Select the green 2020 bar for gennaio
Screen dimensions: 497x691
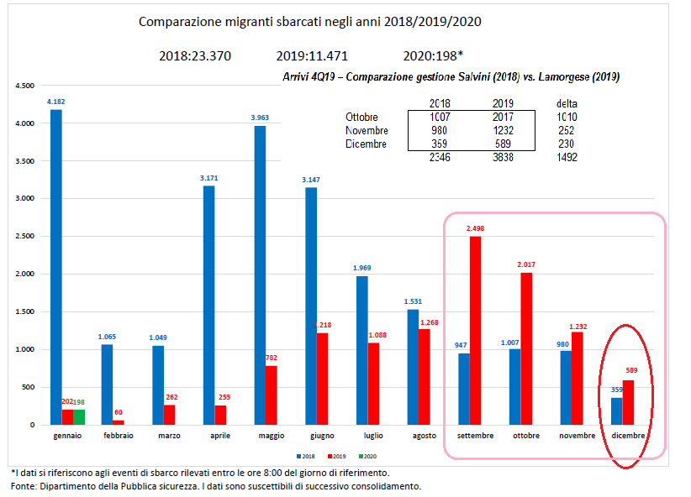[79, 417]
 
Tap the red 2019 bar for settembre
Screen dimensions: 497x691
[476, 331]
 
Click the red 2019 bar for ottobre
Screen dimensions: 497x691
[527, 348]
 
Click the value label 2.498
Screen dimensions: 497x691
[476, 228]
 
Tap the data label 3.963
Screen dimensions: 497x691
[260, 118]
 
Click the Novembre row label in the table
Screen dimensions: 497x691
[366, 130]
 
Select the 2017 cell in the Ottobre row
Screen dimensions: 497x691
[502, 117]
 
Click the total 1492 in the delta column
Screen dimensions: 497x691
[567, 157]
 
